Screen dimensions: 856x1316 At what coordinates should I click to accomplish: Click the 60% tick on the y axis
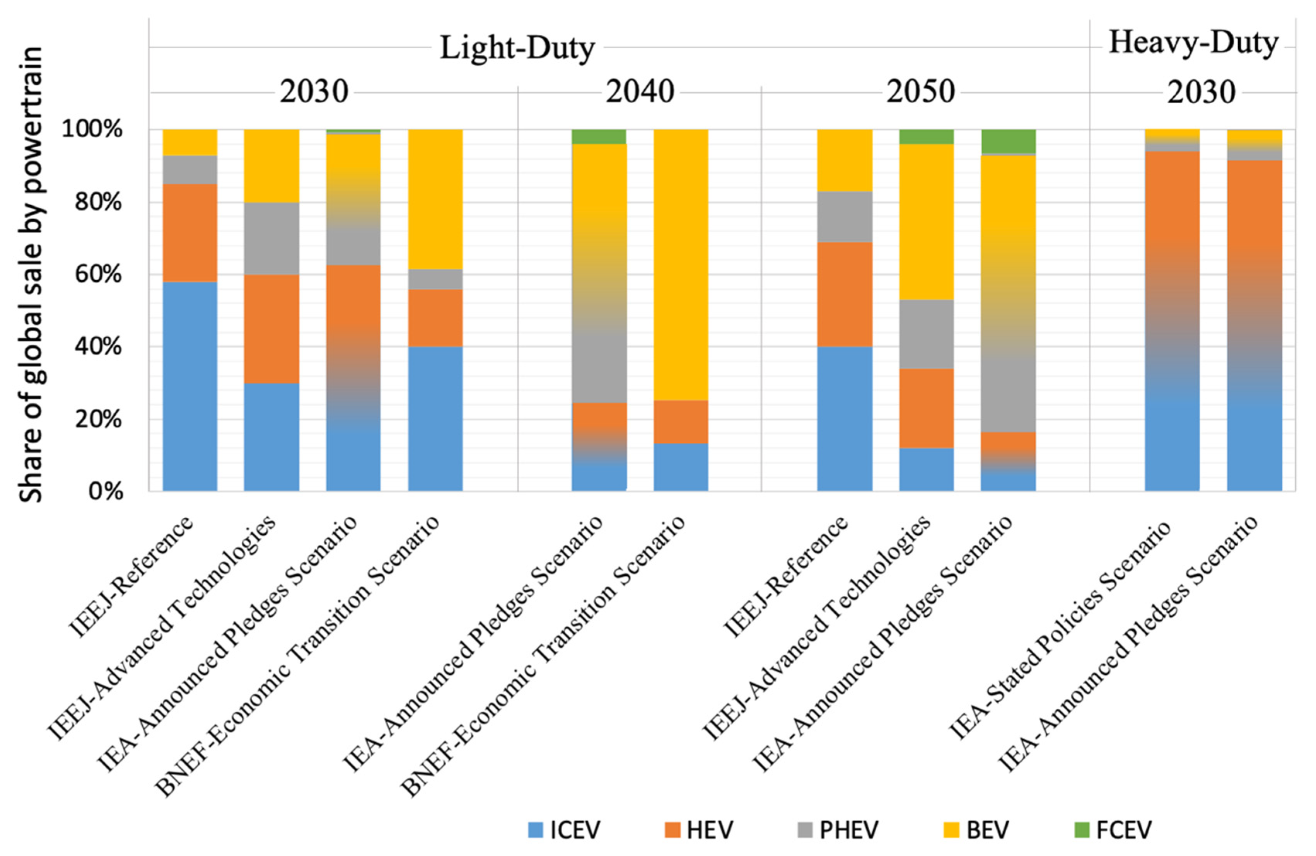coord(98,274)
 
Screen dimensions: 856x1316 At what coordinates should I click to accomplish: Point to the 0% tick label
coord(105,491)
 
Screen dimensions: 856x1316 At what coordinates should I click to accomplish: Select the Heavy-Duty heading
coord(1193,43)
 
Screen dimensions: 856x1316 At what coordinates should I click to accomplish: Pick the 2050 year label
coord(921,92)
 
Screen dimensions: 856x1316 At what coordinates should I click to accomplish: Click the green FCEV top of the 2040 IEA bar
coord(599,136)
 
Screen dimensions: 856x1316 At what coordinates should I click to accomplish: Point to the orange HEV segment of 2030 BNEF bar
coord(435,317)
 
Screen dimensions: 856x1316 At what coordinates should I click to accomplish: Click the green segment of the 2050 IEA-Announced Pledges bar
coord(1008,142)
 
